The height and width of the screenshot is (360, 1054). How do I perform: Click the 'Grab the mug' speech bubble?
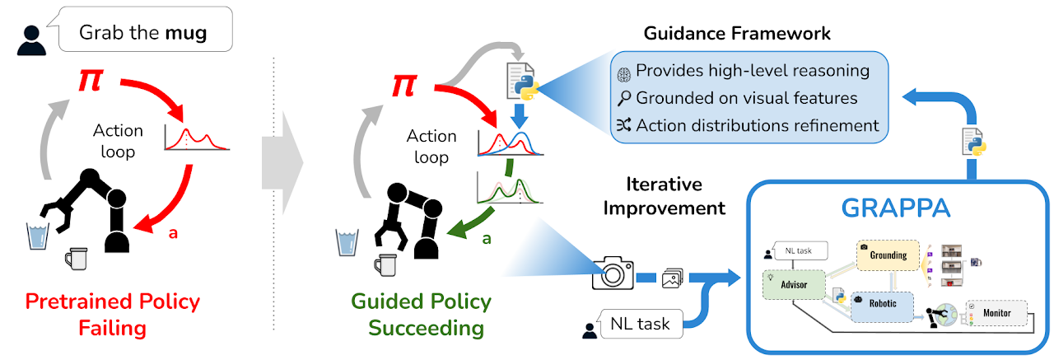click(x=144, y=33)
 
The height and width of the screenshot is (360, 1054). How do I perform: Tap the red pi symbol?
click(x=91, y=81)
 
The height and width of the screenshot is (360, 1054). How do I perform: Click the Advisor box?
click(x=795, y=284)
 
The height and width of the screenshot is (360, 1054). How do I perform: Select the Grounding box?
click(x=888, y=255)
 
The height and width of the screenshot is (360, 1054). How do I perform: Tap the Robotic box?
click(x=883, y=304)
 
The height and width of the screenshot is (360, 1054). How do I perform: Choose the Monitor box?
click(x=998, y=313)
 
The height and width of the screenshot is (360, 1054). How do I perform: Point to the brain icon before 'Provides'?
click(x=625, y=72)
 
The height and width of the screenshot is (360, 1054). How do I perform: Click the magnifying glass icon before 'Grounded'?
click(x=625, y=99)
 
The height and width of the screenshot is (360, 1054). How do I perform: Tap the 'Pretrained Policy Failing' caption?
click(x=112, y=314)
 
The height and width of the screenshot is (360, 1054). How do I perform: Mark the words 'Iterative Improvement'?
click(x=664, y=195)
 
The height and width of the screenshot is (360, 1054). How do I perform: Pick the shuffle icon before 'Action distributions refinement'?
click(x=625, y=126)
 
